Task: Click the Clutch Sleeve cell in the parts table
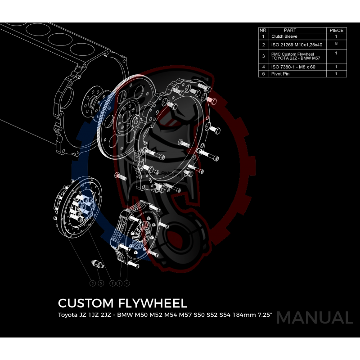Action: (284, 36)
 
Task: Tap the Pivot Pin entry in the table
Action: (280, 74)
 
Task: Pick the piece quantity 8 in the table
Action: (336, 44)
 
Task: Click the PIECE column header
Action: (336, 30)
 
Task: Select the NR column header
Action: (263, 30)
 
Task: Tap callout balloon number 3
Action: (93, 283)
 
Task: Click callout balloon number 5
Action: (101, 283)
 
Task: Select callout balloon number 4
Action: (127, 283)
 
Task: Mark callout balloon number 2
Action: (113, 283)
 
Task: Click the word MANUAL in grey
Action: (315, 318)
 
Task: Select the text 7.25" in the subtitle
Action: (264, 315)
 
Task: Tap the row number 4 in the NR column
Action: (263, 67)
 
